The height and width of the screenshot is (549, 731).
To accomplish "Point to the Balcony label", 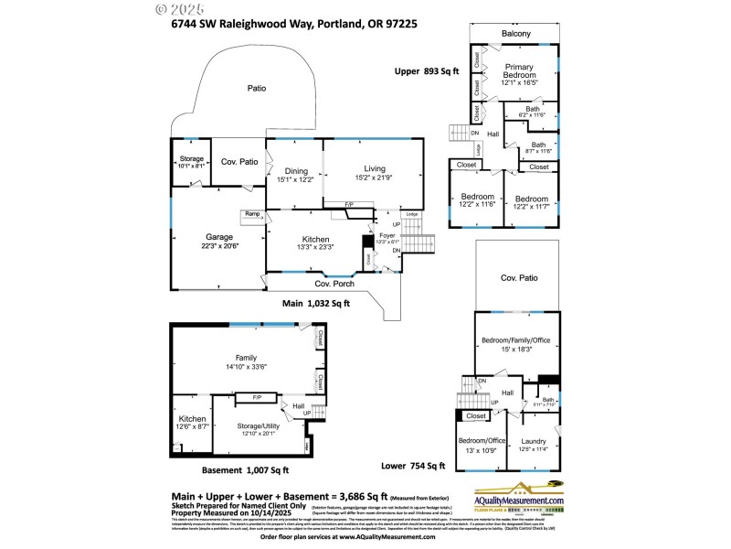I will click(515, 34).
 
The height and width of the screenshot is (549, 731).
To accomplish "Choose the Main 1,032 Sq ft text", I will click(316, 303).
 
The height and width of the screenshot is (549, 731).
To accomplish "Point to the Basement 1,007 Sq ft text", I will click(246, 470).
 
